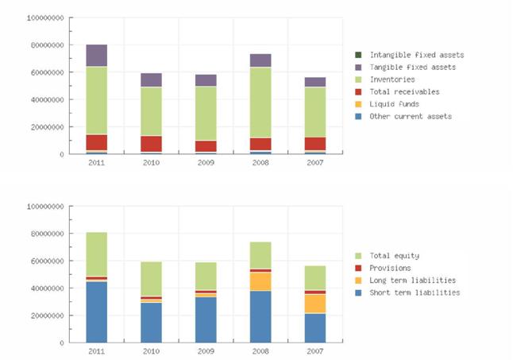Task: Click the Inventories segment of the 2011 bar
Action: (x=97, y=100)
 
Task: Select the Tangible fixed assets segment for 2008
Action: (x=260, y=60)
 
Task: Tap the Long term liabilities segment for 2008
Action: (x=260, y=281)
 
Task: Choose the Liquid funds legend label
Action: (x=395, y=104)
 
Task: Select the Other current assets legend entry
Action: (x=411, y=116)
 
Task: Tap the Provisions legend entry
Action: (x=391, y=268)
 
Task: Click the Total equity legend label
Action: (x=395, y=256)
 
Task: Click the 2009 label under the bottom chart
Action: (x=206, y=350)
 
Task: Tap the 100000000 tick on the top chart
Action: (x=44, y=17)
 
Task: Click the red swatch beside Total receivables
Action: (x=358, y=92)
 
